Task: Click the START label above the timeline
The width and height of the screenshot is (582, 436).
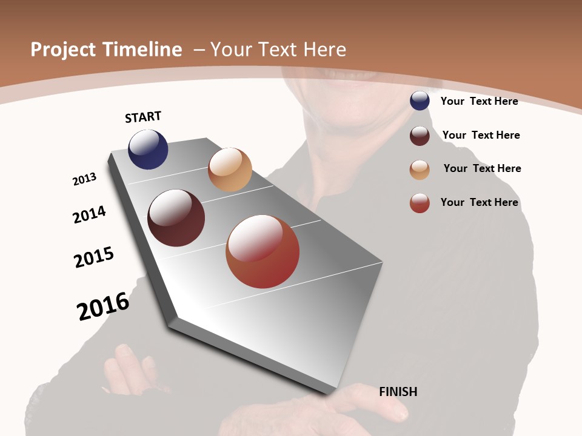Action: pos(143,117)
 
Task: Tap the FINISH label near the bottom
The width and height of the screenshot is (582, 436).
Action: pos(398,392)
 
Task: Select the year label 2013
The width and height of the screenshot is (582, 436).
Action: pos(84,179)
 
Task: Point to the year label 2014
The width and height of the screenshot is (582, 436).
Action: pos(90,214)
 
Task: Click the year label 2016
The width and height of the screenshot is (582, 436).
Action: pos(103,306)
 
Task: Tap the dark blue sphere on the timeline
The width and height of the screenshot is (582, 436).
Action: pos(148,150)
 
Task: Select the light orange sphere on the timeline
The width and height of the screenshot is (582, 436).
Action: pos(230,170)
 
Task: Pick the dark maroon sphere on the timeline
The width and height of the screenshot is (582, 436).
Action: pos(176,218)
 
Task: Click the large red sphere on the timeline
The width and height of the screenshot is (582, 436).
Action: pos(263,251)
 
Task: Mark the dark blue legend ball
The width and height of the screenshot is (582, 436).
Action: pos(420,101)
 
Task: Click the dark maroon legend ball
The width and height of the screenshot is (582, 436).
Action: pos(420,135)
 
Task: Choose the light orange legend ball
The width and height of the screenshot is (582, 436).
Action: pos(420,169)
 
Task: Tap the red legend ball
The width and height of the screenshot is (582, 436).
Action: pos(420,203)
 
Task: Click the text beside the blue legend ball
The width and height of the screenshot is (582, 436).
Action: pos(479,101)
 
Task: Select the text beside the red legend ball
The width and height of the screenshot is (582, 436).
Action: pos(479,202)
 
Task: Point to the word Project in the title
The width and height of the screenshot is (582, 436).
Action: pos(64,50)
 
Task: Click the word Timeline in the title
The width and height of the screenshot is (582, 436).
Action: pos(142,50)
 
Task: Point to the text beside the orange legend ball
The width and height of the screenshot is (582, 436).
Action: pos(482,168)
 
